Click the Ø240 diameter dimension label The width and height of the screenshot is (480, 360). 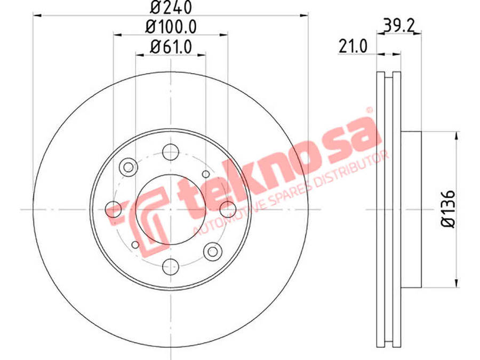point(171,7)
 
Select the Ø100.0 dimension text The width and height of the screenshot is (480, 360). point(171,27)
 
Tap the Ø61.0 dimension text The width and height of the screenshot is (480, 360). point(171,47)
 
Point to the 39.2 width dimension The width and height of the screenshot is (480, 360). point(398,26)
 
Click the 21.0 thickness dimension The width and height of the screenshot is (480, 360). point(353,46)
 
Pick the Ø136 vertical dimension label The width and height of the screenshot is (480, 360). point(448,209)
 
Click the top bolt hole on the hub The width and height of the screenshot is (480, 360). point(171,152)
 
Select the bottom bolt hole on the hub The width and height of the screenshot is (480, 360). point(171,267)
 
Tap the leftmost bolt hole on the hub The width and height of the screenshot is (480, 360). point(113,210)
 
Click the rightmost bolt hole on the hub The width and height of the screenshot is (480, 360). point(228,210)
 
